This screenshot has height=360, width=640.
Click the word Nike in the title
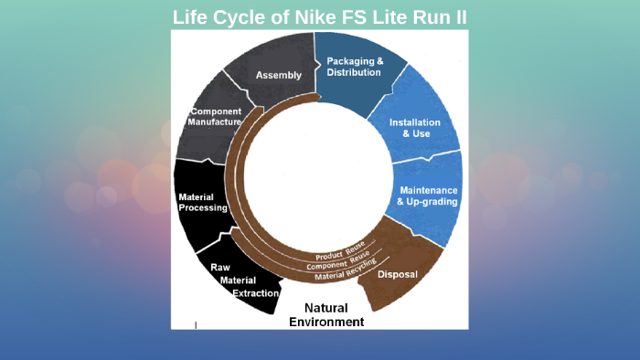(x=308, y=17)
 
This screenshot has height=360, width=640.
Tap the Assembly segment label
(x=279, y=75)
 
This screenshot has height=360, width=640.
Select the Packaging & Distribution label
(x=355, y=67)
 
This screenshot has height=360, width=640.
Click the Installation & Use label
(x=415, y=128)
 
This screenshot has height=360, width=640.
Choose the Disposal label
(x=398, y=273)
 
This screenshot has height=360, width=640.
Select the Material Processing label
(x=203, y=202)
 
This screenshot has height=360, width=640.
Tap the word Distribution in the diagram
(x=355, y=72)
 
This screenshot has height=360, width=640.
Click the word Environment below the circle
(x=326, y=322)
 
